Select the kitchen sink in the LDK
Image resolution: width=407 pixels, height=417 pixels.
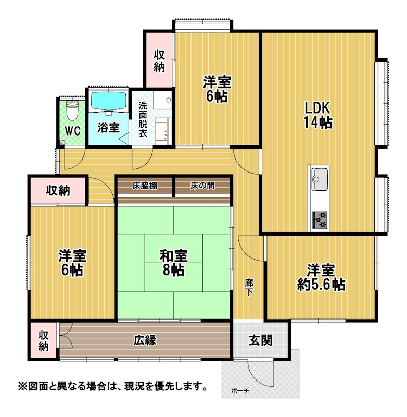319,179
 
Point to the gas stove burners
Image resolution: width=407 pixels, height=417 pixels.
320,219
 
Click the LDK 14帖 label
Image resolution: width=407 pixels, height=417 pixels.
317,115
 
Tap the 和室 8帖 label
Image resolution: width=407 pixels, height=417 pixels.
174,263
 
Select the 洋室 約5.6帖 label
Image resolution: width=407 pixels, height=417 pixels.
321,277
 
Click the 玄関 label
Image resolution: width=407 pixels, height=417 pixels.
260,340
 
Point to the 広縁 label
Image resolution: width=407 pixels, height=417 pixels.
145,340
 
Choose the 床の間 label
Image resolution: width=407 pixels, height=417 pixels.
202,186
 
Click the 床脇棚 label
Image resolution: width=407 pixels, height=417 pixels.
145,186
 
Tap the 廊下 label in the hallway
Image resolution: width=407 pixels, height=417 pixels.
249,287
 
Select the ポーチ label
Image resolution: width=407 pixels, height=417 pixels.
240,391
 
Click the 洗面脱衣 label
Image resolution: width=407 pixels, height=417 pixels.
143,119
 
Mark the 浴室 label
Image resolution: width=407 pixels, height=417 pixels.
108,128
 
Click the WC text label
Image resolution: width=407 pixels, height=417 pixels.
72,131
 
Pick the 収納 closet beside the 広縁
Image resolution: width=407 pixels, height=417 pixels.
43,341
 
